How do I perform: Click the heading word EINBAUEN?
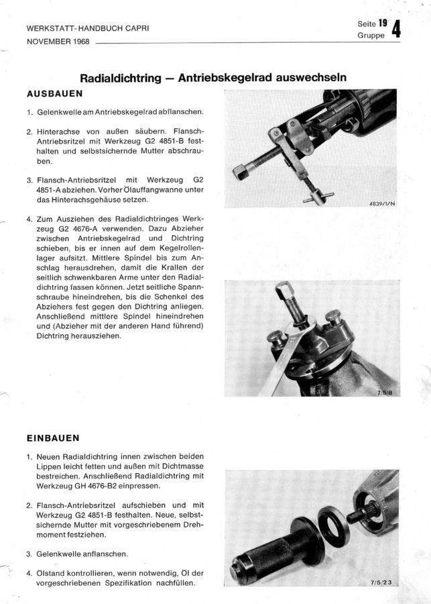[53, 438]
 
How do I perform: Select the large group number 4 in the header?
[395, 30]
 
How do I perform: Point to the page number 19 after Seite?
[383, 23]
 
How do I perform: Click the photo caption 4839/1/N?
[381, 203]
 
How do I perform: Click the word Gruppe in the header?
[371, 36]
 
